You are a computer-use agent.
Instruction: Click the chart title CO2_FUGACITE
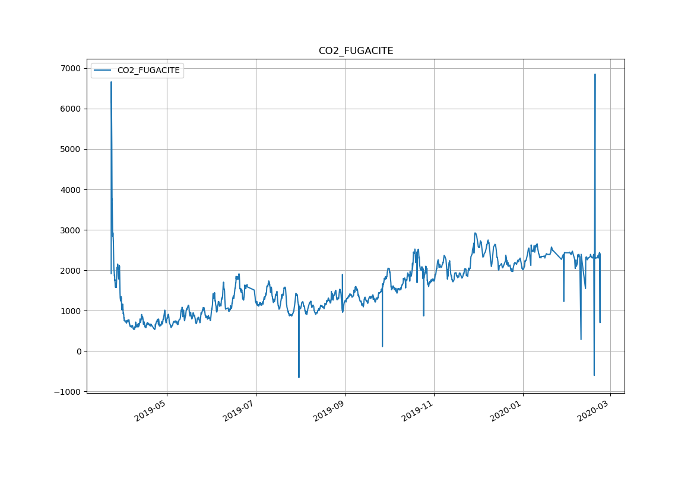pos(356,51)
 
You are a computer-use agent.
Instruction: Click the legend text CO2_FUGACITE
pos(148,70)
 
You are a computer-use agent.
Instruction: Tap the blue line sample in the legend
pos(102,70)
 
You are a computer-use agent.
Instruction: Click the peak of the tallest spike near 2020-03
pos(595,75)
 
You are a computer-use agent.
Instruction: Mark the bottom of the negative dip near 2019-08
pos(299,377)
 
